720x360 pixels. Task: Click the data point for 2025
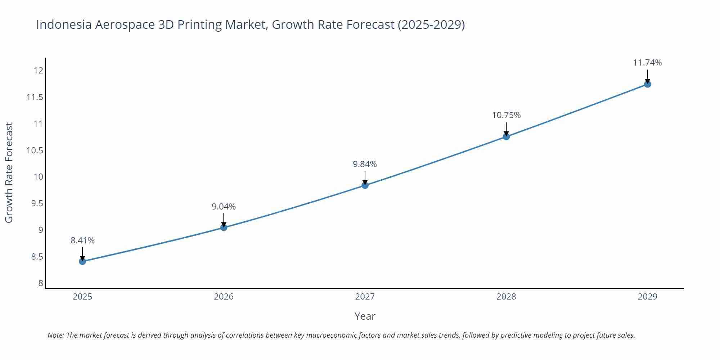[x=82, y=261]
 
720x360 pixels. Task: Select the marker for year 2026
[x=224, y=227]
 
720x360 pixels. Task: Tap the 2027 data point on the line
[x=365, y=185]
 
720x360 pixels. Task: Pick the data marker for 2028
[x=506, y=136]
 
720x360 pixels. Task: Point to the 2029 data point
[x=647, y=84]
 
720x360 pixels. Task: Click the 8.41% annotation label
[x=82, y=240]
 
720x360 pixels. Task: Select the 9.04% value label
[x=224, y=207]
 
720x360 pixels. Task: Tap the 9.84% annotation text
[x=365, y=164]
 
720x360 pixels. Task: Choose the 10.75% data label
[x=506, y=115]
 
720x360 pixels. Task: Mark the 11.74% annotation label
[x=647, y=63]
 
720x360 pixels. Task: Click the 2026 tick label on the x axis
[x=224, y=297]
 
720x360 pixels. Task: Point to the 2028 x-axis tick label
[x=506, y=297]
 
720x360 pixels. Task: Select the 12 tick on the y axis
[x=38, y=71]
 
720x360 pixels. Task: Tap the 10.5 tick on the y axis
[x=35, y=150]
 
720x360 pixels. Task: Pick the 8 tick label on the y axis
[x=41, y=283]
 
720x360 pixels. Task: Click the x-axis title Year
[x=365, y=316]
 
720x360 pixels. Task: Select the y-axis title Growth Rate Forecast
[x=9, y=172]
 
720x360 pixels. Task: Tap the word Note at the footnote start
[x=55, y=335]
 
